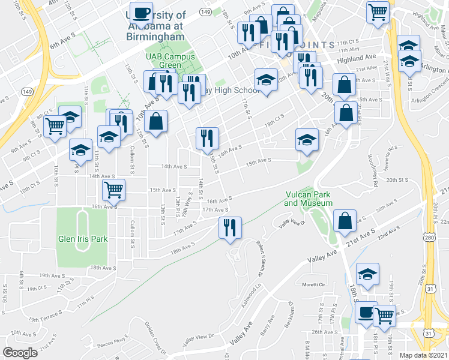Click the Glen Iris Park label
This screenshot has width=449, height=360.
pyautogui.click(x=82, y=239)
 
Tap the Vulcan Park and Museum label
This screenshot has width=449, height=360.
pyautogui.click(x=308, y=199)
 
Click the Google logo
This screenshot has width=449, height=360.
pyautogui.click(x=20, y=352)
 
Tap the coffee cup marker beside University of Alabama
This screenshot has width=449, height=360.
pyautogui.click(x=142, y=13)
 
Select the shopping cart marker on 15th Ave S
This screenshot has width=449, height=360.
pyautogui.click(x=113, y=190)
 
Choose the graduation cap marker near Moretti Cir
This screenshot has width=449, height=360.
pyautogui.click(x=367, y=275)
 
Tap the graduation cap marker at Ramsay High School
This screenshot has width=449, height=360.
pyautogui.click(x=266, y=80)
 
